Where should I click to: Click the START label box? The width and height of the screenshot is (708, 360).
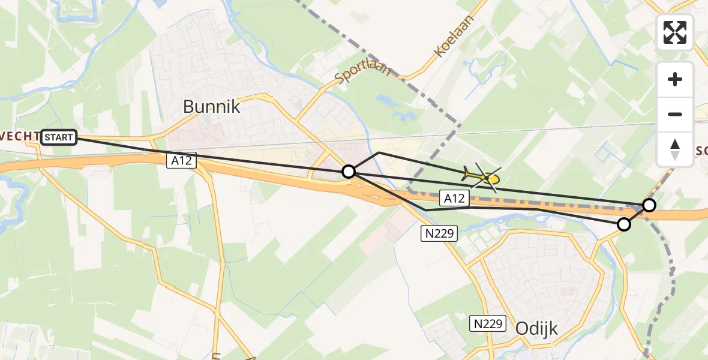59,138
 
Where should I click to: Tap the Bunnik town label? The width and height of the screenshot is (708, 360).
211,107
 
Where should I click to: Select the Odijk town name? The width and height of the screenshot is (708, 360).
536,328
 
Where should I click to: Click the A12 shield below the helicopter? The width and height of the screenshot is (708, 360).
454,198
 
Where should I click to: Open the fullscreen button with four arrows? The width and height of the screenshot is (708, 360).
675,32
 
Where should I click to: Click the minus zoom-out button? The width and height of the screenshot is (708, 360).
675,114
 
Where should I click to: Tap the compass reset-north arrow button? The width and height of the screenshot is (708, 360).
675,149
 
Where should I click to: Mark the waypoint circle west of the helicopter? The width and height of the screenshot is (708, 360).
349,172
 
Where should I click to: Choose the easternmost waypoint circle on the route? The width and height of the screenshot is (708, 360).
649,206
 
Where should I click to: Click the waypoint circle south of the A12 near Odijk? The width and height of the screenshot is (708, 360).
624,224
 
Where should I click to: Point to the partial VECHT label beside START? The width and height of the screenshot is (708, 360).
20,137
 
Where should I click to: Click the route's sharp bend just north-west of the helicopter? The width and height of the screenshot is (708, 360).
378,153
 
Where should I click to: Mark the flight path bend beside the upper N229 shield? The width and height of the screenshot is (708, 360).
425,209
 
